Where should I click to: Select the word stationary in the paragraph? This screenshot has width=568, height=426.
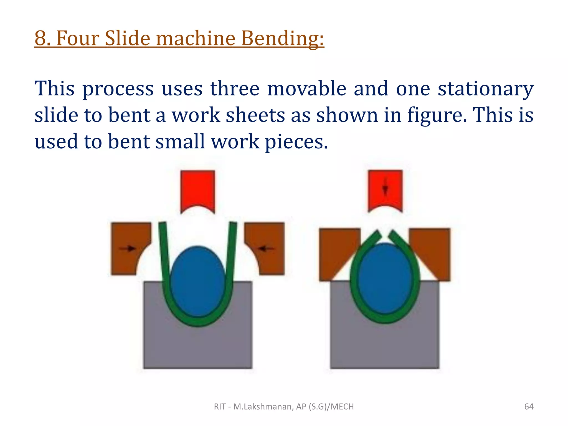tap(485, 89)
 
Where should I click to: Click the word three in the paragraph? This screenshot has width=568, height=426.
tap(235, 89)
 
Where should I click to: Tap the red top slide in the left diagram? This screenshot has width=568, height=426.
tap(197, 189)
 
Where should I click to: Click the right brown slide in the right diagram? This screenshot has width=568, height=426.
tap(434, 250)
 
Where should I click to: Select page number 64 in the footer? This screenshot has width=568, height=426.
tap(529, 407)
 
